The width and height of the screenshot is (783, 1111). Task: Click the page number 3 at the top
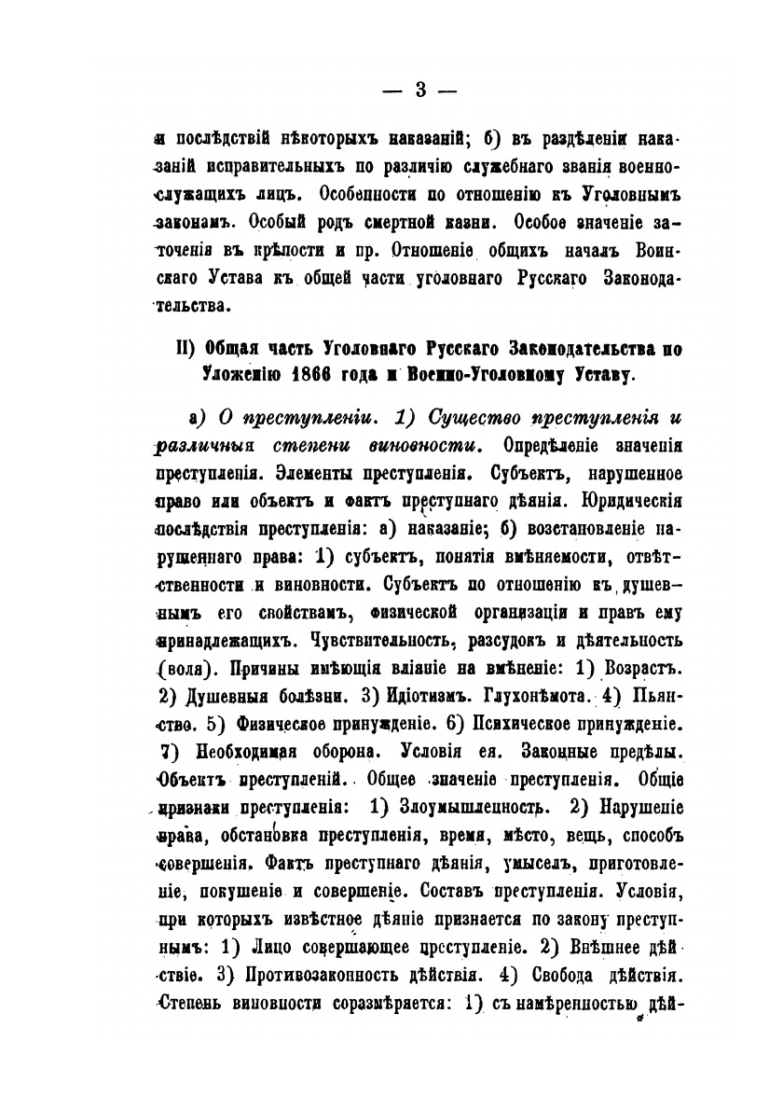[419, 90]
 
